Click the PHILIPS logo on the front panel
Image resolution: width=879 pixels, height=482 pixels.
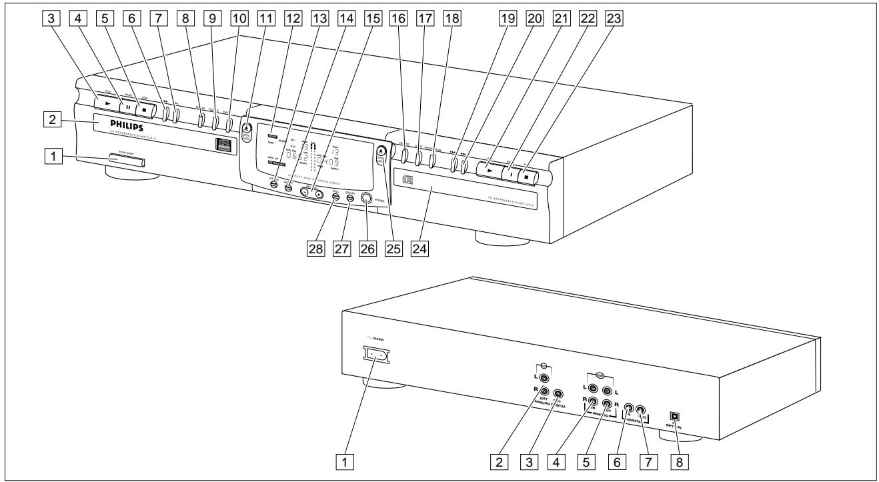tap(120, 124)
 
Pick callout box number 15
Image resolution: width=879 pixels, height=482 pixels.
tap(375, 20)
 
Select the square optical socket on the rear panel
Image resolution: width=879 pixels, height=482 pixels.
tap(675, 415)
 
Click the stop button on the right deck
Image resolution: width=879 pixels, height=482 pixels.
tap(528, 177)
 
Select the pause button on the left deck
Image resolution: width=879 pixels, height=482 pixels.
tap(127, 105)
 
